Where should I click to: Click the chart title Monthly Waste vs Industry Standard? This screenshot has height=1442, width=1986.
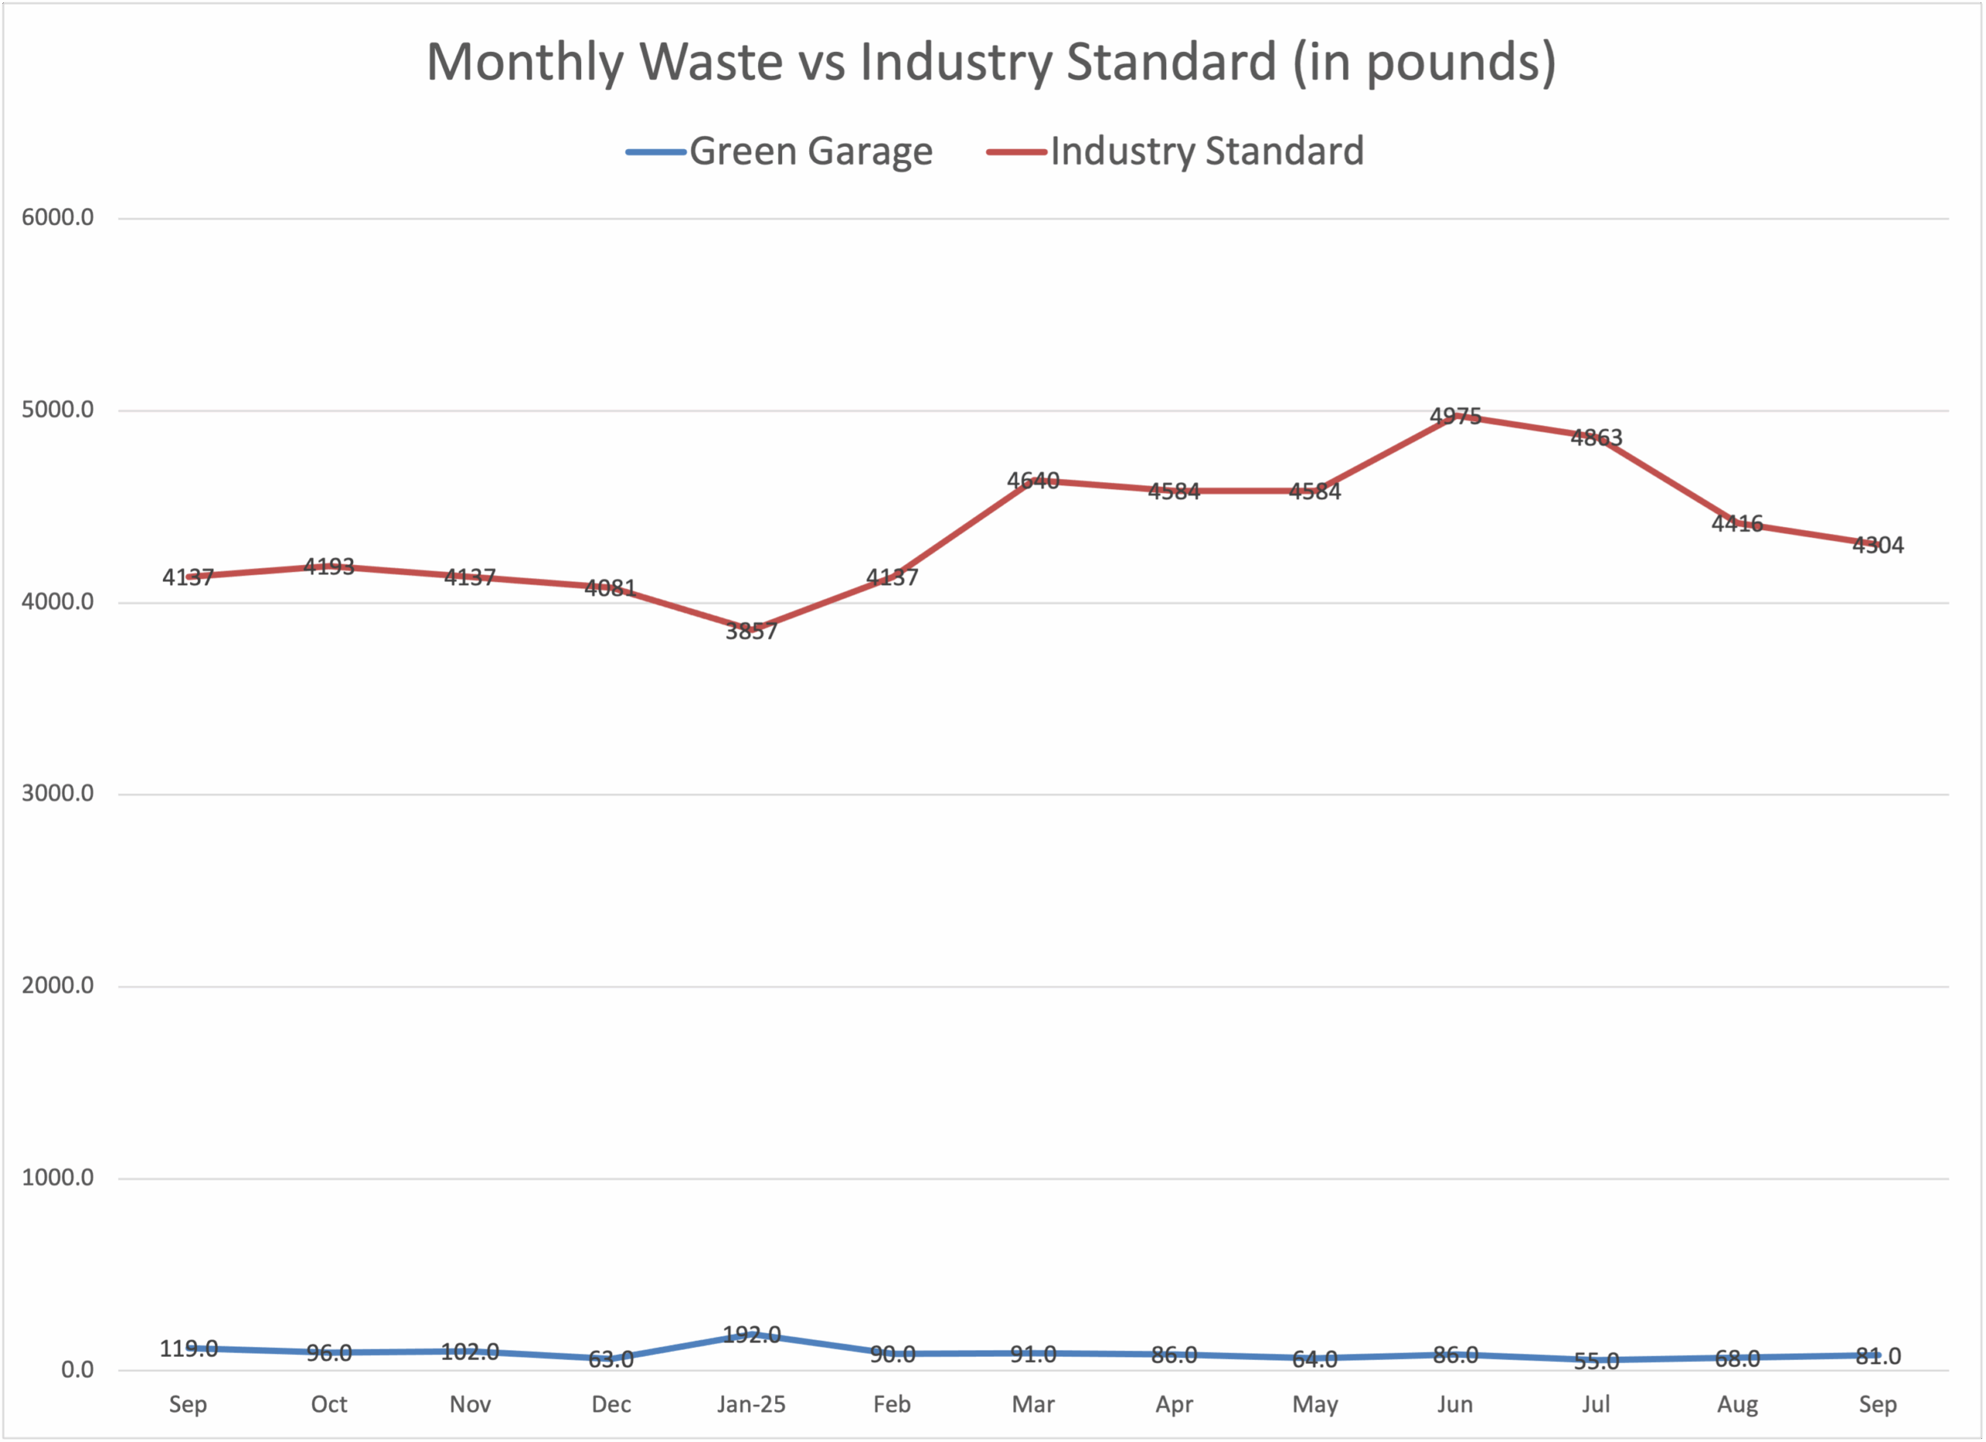(x=991, y=63)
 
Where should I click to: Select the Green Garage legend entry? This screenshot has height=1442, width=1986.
(x=810, y=151)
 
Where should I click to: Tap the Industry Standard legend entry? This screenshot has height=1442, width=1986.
(x=1206, y=151)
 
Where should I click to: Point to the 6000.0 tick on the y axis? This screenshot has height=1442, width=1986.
(x=57, y=217)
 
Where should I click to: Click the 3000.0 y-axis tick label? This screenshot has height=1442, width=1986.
(x=57, y=793)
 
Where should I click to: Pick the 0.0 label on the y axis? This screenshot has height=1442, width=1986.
(x=77, y=1369)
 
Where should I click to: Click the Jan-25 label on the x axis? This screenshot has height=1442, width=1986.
(x=751, y=1404)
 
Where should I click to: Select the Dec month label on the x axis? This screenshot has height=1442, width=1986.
(x=611, y=1404)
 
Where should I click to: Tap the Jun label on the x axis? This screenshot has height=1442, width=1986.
(x=1455, y=1404)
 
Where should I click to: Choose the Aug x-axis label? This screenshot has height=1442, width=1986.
(x=1737, y=1404)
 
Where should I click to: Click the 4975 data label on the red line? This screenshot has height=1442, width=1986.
(x=1455, y=416)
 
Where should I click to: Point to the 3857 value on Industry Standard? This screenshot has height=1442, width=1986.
(x=751, y=631)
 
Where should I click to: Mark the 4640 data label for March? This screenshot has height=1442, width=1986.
(x=1033, y=480)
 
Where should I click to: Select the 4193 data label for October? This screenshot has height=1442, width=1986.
(x=329, y=567)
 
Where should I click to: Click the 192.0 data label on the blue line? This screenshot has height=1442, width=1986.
(x=751, y=1335)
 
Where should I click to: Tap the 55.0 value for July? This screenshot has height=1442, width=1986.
(x=1597, y=1361)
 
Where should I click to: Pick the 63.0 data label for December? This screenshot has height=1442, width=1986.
(x=611, y=1360)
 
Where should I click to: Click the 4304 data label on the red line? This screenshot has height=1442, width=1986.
(x=1878, y=545)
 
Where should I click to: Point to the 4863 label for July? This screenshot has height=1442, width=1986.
(x=1597, y=437)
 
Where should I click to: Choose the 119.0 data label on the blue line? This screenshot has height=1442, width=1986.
(x=189, y=1349)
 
